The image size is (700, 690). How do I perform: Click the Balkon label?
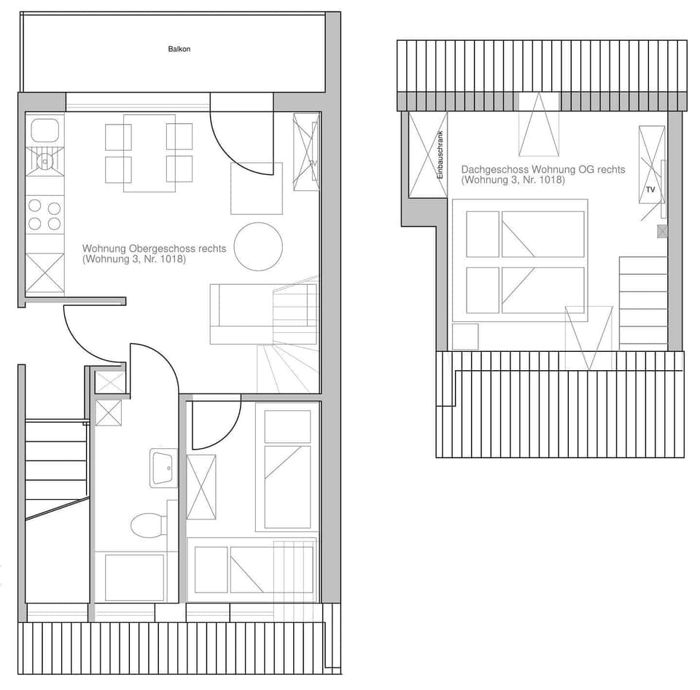coord(179,50)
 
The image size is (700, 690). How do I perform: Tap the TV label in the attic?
coord(650,189)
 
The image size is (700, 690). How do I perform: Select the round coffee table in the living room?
coord(258,246)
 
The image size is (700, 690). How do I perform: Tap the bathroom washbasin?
coord(163,467)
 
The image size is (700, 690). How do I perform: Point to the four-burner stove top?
coord(44,215)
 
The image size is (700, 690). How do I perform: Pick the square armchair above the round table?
coord(256,189)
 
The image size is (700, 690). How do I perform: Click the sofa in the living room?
coord(241,313)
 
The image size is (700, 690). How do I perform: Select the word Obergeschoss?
coord(155,248)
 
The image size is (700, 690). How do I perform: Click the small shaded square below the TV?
coord(662,232)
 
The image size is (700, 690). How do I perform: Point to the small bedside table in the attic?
coord(464,337)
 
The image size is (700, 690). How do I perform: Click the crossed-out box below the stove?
coord(44,273)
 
